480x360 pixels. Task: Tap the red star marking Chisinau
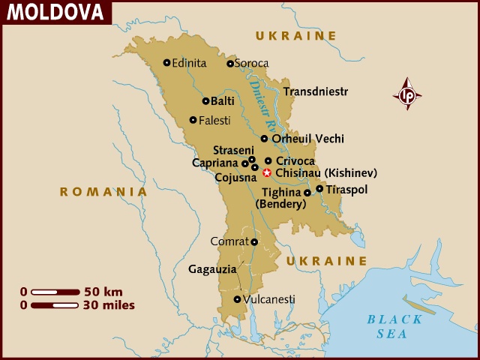[x=267, y=172]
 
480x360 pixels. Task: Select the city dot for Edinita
[x=166, y=63]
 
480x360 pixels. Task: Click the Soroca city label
[x=252, y=64]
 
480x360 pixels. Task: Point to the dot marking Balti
[x=205, y=101]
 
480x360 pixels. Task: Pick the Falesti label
[x=214, y=120]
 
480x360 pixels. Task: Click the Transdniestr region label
[x=316, y=91]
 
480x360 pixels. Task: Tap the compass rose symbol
[x=407, y=94]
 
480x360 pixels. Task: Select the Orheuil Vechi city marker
[x=264, y=139]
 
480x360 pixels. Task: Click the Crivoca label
[x=295, y=160]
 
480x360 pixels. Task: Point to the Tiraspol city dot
[x=319, y=189]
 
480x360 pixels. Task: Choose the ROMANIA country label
[x=103, y=192]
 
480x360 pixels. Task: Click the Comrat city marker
[x=254, y=241]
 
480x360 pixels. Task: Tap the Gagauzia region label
[x=212, y=268]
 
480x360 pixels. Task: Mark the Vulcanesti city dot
[x=237, y=299]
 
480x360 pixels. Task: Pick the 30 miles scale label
[x=109, y=305]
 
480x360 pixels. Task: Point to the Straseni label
[x=229, y=150]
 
